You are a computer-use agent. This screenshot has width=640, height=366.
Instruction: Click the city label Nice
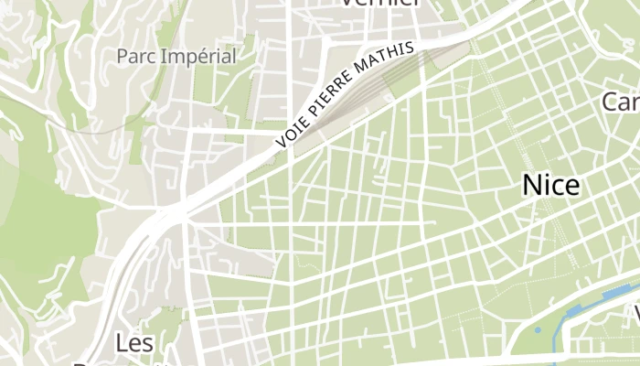(550, 185)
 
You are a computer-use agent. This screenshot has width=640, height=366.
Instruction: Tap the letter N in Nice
(531, 185)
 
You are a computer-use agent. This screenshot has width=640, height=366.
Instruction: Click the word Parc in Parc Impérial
(135, 56)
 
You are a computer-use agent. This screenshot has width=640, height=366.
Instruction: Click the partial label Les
(134, 343)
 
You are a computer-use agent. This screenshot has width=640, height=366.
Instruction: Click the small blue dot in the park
(539, 329)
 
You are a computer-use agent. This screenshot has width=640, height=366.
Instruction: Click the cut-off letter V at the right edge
(633, 316)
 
